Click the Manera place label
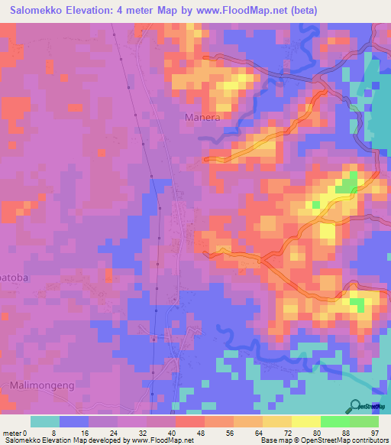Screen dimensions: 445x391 [x=202, y=118]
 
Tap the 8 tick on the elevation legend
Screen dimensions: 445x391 [x=59, y=432]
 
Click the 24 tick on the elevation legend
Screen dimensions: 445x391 [x=117, y=432]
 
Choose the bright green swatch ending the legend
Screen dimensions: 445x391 [x=364, y=421]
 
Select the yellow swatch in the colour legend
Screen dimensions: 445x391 [x=305, y=421]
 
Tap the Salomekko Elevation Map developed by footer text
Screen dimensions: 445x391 [x=69, y=440]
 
